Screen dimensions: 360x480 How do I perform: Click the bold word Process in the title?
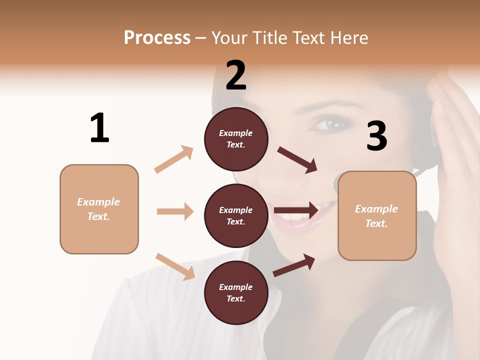pyautogui.click(x=157, y=37)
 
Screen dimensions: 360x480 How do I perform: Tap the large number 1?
pyautogui.click(x=99, y=128)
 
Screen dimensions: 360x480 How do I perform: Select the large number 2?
pyautogui.click(x=236, y=75)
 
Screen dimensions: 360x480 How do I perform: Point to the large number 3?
pyautogui.click(x=376, y=136)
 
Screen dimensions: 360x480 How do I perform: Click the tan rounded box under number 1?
pyautogui.click(x=99, y=209)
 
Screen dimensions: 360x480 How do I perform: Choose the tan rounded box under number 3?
pyautogui.click(x=377, y=215)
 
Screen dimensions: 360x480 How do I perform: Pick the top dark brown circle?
pyautogui.click(x=236, y=139)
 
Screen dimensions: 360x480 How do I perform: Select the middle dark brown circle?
pyautogui.click(x=236, y=215)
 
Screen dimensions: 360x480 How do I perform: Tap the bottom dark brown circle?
pyautogui.click(x=236, y=292)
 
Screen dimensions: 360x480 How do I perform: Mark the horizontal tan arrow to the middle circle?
pyautogui.click(x=175, y=211)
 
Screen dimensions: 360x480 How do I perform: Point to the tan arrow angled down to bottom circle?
pyautogui.click(x=175, y=266)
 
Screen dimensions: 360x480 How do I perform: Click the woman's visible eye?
pyautogui.click(x=323, y=123)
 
